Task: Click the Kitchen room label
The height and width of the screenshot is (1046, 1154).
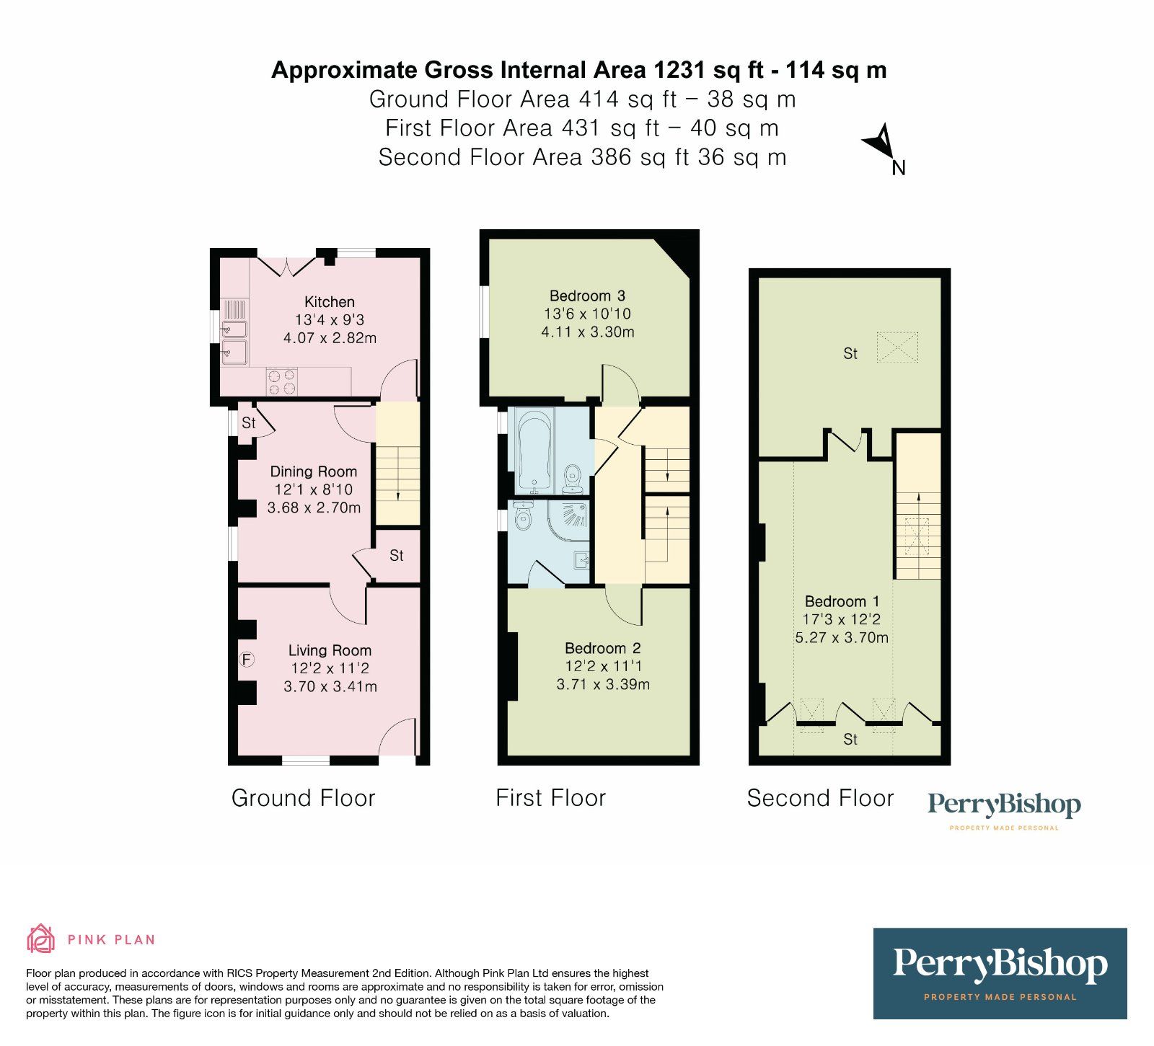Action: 329,302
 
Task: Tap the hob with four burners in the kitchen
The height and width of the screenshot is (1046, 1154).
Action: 281,381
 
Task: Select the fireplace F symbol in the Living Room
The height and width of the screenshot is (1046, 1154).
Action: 247,659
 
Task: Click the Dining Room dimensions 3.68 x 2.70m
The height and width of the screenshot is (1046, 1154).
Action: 314,508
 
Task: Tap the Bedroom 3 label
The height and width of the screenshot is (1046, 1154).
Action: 587,296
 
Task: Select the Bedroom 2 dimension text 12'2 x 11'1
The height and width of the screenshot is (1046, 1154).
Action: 603,666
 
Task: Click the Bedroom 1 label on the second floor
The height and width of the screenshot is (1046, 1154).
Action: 842,601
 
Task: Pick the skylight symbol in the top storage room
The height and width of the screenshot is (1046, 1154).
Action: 897,347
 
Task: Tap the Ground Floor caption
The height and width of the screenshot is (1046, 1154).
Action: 303,798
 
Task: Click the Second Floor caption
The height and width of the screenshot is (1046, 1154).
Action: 820,798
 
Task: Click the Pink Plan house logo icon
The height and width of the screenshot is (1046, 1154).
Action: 40,939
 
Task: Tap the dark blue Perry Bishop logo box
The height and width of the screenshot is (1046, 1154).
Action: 1000,973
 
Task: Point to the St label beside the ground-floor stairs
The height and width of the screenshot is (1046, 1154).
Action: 396,555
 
